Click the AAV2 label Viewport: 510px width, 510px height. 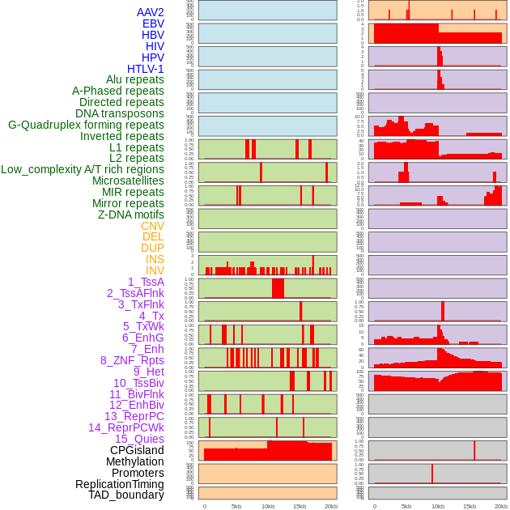[x=150, y=12]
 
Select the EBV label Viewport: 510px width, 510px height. [x=153, y=23]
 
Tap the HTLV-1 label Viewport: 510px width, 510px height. [x=145, y=69]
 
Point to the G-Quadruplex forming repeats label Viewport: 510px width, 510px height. [x=86, y=125]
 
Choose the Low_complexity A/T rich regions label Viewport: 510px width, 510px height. [x=83, y=169]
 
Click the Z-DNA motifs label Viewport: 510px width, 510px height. [x=130, y=215]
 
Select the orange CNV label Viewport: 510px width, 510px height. [x=152, y=226]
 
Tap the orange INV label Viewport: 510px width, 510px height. [x=155, y=270]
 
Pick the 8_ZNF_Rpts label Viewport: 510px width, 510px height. [x=132, y=360]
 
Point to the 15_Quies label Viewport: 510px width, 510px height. [x=139, y=439]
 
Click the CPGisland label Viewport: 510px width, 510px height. [x=137, y=450]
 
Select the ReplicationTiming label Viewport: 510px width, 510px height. [x=119, y=484]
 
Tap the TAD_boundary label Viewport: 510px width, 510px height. [x=125, y=495]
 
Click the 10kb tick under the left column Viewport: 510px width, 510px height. [x=267, y=506]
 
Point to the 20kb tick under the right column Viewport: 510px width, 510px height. [x=501, y=506]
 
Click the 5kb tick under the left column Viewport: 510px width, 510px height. [x=236, y=506]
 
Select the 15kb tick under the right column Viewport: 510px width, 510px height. [x=470, y=506]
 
